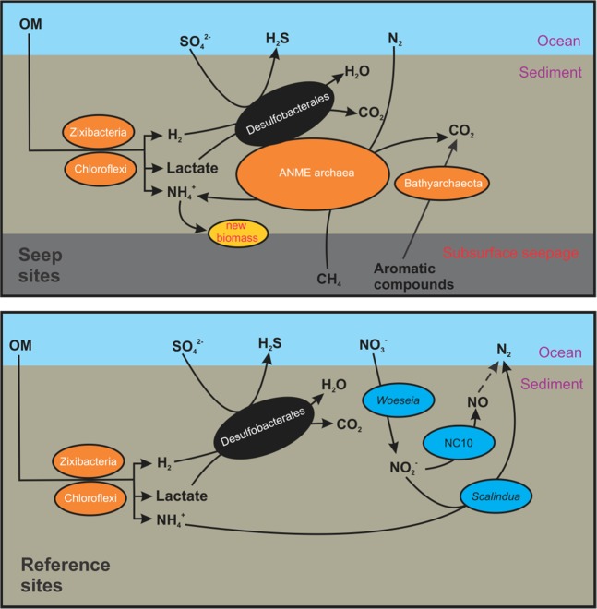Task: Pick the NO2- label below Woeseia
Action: click(x=399, y=468)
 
